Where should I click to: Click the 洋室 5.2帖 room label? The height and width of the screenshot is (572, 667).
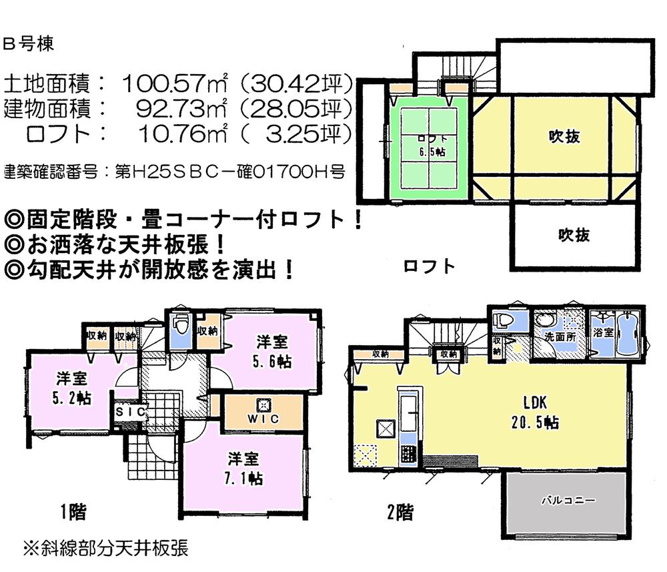73,386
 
